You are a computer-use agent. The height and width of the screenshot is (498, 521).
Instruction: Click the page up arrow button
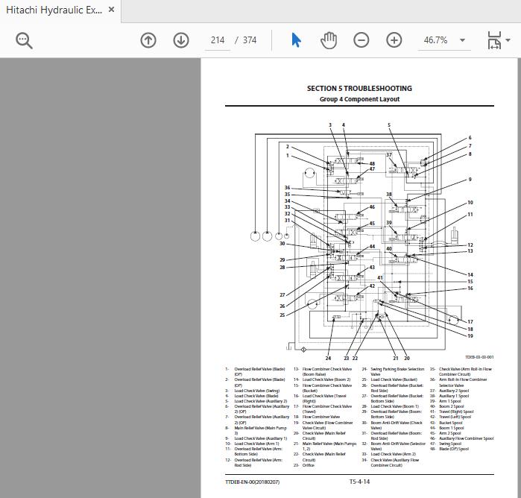pos(148,40)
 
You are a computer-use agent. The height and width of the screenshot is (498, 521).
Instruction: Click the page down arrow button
pos(181,40)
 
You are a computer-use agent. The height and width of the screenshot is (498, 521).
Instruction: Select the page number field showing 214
pos(218,40)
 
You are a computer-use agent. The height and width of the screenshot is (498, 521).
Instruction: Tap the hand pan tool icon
pos(329,40)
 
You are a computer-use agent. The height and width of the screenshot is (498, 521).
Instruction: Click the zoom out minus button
pos(361,40)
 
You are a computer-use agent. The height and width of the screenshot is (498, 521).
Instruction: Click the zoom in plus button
pos(394,40)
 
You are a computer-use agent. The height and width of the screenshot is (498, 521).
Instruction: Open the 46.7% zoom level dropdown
pos(462,40)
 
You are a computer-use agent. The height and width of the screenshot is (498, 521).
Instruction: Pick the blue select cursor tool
pos(296,40)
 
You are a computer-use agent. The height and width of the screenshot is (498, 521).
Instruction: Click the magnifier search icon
pos(25,40)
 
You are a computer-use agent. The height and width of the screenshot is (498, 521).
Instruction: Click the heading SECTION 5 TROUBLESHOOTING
pos(359,88)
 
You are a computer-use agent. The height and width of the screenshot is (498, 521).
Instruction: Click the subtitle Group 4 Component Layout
pos(359,99)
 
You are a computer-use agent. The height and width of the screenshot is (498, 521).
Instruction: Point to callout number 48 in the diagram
pos(372,163)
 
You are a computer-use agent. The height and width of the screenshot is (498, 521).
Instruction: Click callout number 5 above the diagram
pos(388,125)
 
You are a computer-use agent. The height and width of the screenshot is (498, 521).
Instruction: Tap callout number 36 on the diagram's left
pos(287,188)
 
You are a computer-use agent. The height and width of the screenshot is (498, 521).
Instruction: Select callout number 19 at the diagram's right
pos(470,336)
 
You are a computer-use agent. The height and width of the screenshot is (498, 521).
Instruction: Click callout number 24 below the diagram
pos(328,359)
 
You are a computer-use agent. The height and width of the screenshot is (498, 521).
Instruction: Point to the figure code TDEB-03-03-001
pos(479,357)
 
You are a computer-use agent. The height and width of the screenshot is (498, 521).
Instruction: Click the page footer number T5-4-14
pos(359,482)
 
